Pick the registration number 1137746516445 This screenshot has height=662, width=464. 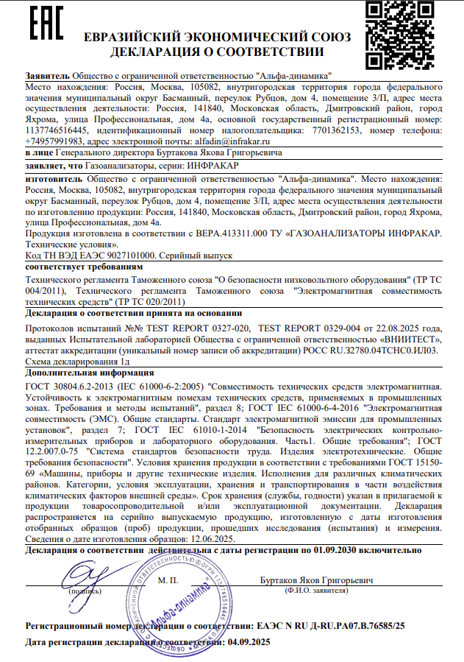tap(58, 129)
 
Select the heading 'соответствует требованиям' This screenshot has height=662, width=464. tap(71, 265)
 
